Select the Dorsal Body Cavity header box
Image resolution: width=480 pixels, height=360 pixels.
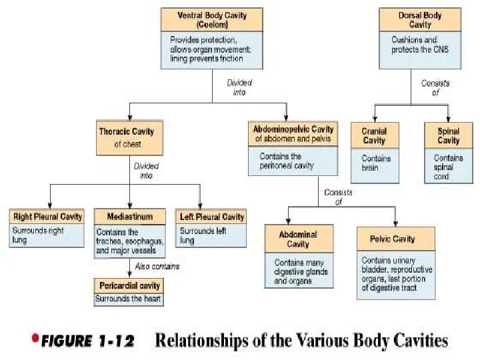[420, 20]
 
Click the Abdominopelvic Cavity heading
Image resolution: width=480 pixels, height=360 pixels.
[294, 128]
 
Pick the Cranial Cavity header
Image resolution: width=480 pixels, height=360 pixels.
[374, 135]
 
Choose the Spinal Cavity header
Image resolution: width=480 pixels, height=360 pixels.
[449, 135]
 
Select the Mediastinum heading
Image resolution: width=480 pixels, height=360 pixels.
[129, 217]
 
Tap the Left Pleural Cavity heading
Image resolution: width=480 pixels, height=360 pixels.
[211, 217]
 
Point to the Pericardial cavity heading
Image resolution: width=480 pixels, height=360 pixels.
[129, 286]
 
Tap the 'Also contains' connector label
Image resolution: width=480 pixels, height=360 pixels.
[158, 266]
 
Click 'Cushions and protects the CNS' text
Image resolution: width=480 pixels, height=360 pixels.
[420, 45]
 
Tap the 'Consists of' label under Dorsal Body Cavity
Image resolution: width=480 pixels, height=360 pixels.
[435, 87]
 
